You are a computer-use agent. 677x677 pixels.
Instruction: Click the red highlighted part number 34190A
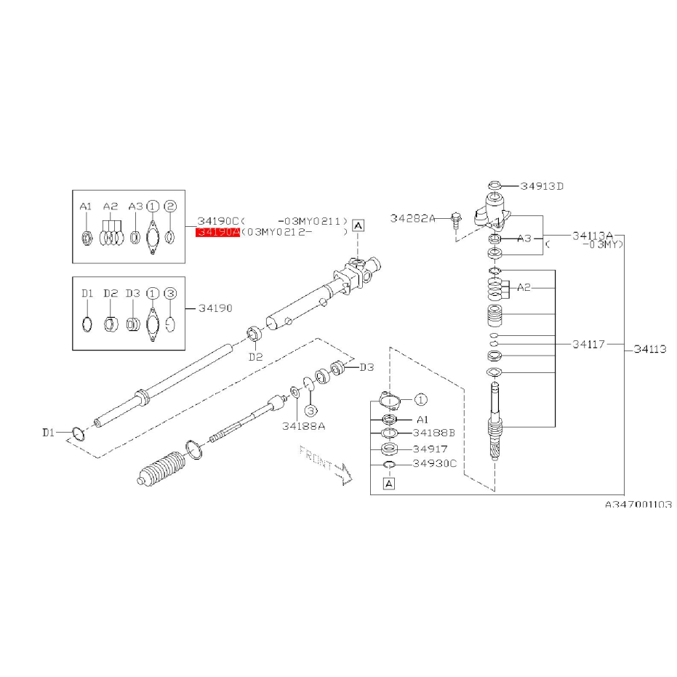[217, 232]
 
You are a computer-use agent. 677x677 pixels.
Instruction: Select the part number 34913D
[542, 186]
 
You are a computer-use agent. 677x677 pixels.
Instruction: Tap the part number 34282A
[412, 217]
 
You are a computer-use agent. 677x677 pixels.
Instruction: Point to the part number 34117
[588, 344]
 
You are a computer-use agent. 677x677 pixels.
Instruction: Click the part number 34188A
[303, 425]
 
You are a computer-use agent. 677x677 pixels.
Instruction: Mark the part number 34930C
[434, 464]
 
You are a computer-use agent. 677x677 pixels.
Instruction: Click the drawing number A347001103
[638, 503]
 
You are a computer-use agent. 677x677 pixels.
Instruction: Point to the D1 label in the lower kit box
[87, 293]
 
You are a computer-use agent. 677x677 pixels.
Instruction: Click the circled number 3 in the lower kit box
[171, 293]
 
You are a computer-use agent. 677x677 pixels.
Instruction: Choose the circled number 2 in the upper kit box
[171, 207]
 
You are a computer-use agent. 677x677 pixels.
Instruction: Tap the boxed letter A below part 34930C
[388, 483]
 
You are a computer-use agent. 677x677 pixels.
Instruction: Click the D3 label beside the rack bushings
[366, 367]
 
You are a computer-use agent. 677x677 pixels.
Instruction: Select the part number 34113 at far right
[649, 349]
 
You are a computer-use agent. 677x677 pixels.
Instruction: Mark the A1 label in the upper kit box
[86, 207]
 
